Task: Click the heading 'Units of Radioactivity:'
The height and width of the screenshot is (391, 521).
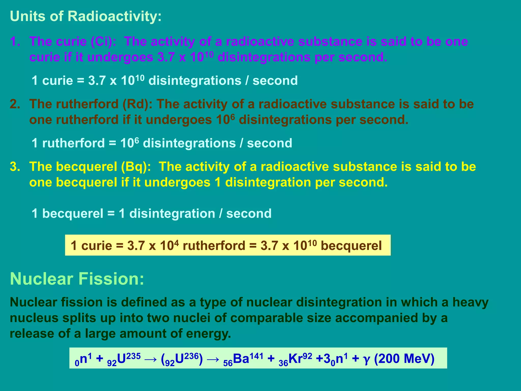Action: [x=86, y=16]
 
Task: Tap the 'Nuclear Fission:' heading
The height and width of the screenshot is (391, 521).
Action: [x=77, y=279]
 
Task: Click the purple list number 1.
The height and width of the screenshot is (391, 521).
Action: [x=15, y=41]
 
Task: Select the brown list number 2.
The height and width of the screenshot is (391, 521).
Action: [x=15, y=104]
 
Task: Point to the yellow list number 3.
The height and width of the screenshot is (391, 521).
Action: [x=15, y=167]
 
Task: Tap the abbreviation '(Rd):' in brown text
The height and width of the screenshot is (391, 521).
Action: [x=137, y=104]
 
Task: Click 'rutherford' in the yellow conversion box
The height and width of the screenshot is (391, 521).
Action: [x=214, y=246]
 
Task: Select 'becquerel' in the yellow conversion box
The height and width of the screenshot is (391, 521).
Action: [x=351, y=246]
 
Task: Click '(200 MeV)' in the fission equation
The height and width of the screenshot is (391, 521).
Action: [x=404, y=359]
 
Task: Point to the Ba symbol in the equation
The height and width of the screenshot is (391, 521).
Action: [x=241, y=359]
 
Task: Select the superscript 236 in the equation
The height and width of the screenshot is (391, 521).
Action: [x=191, y=356]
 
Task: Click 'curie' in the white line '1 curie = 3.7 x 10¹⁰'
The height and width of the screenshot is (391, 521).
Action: [x=57, y=81]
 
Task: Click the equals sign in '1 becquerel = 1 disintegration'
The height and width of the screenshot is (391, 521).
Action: [x=111, y=214]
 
